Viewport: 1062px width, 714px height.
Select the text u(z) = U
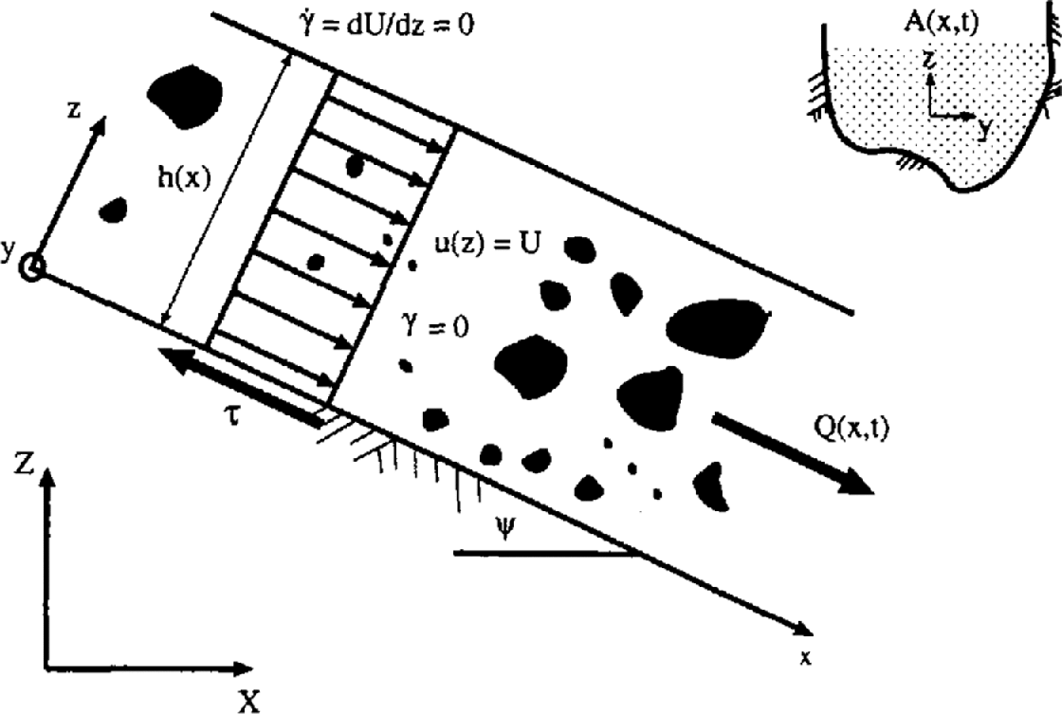point(482,244)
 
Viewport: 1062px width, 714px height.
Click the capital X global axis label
point(248,699)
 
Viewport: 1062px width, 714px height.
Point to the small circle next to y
point(34,268)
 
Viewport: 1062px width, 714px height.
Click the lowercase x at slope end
point(805,655)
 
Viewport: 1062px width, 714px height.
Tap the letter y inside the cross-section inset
point(985,128)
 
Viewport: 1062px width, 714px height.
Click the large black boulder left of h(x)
point(185,97)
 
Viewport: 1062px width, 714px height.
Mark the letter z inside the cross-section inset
point(933,61)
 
